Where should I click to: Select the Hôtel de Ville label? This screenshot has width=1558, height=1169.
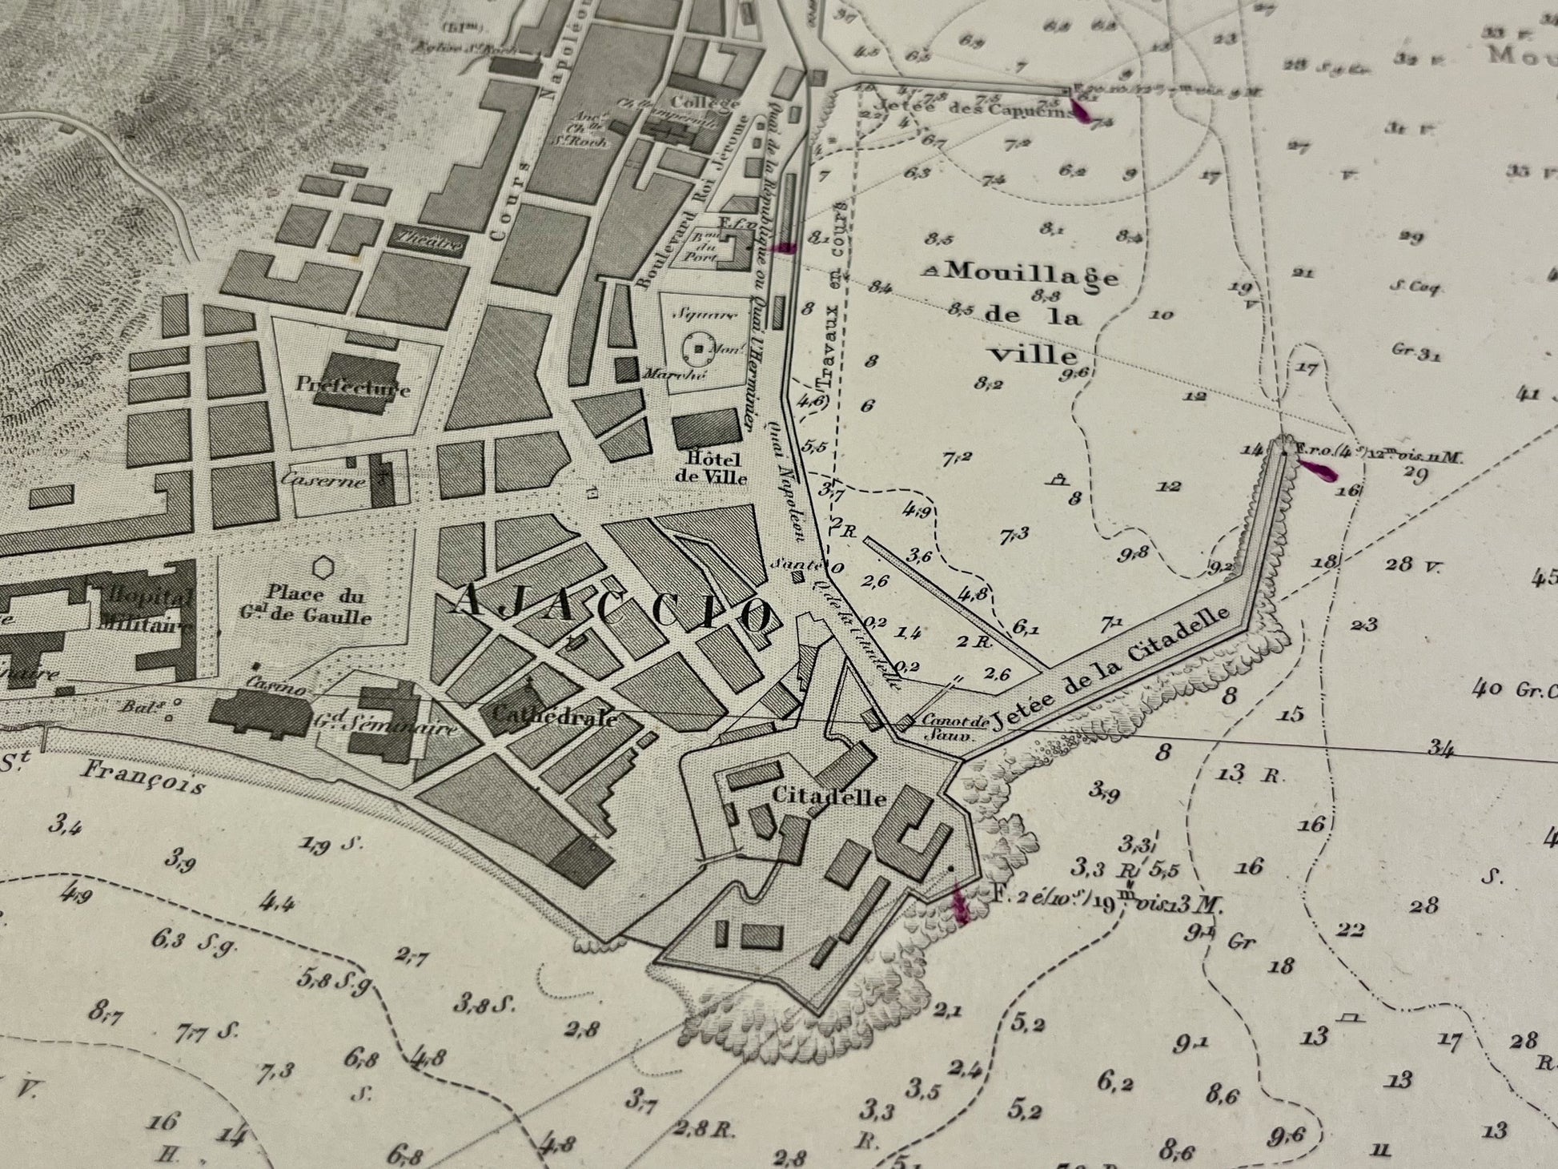[x=717, y=468]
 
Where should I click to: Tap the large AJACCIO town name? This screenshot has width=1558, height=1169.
[x=612, y=611]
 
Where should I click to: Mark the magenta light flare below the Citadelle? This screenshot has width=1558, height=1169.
[x=958, y=905]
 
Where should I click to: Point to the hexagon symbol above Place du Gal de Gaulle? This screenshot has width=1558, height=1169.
[x=323, y=568]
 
